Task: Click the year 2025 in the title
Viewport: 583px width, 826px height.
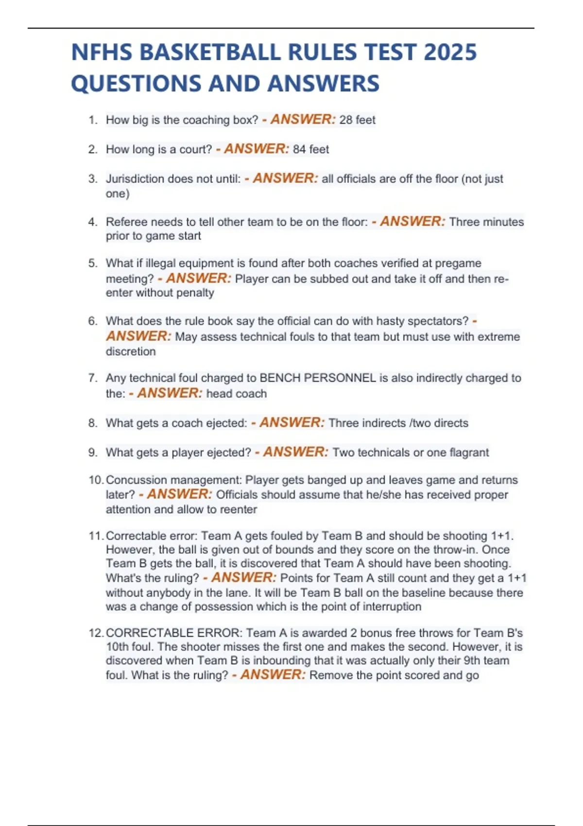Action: [x=450, y=52]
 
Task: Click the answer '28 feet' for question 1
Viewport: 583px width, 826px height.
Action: [x=357, y=120]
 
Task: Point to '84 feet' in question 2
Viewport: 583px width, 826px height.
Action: [x=311, y=149]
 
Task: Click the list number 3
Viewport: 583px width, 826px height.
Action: [x=92, y=179]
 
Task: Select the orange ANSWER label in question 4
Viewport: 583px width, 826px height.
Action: [x=412, y=222]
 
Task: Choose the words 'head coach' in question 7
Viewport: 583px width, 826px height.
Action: [x=237, y=394]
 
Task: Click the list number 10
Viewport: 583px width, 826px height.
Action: [x=95, y=480]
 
